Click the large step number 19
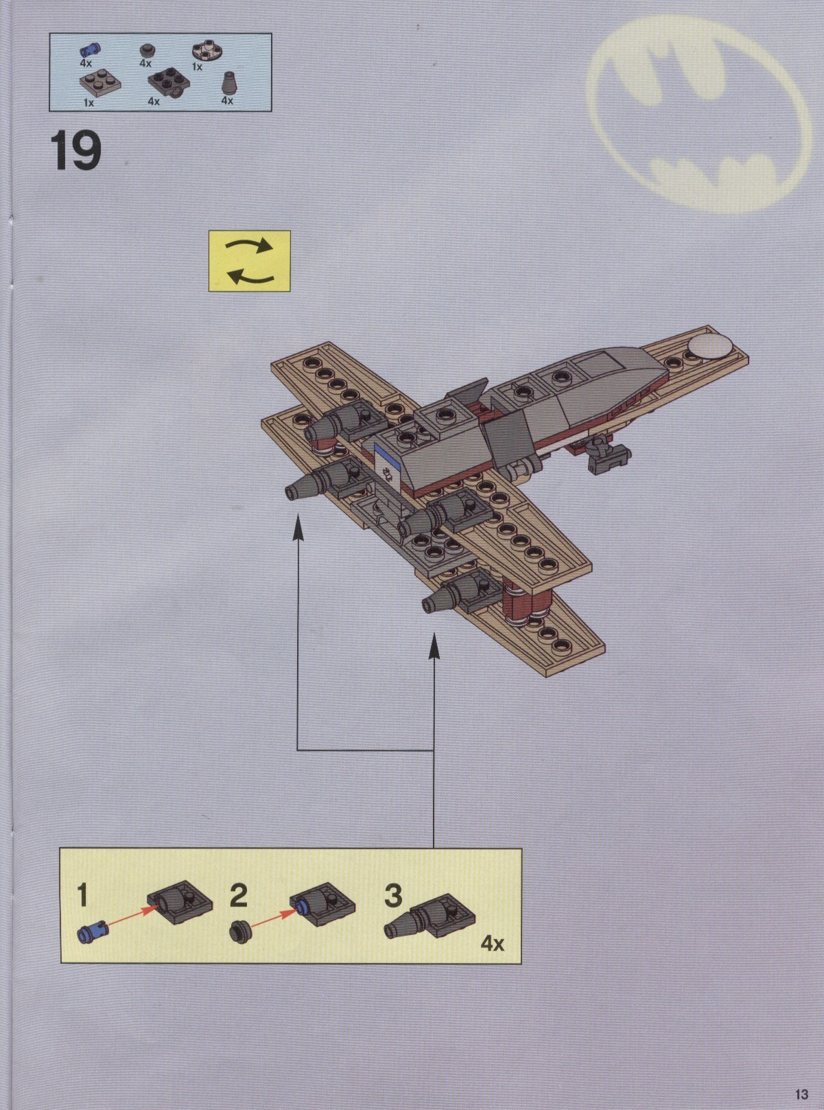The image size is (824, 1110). coord(75,151)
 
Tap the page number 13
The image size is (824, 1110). coord(801,1094)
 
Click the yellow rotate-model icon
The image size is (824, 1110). coord(249,261)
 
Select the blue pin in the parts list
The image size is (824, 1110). coord(90,49)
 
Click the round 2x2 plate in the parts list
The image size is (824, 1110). coord(207,53)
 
